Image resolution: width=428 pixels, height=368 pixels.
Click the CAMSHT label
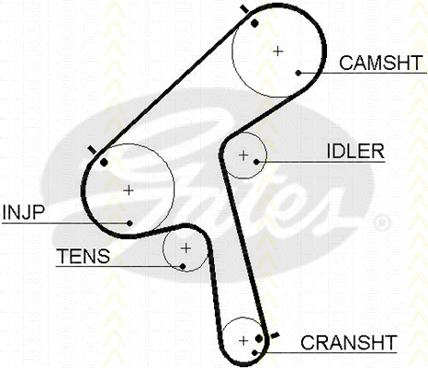(x=381, y=63)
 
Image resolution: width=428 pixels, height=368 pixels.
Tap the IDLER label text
(x=355, y=151)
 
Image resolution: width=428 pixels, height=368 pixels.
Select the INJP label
(x=24, y=212)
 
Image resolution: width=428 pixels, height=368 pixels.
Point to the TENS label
(x=84, y=257)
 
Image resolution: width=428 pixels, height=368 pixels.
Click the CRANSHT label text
(x=349, y=342)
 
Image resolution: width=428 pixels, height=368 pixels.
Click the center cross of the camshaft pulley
(x=277, y=52)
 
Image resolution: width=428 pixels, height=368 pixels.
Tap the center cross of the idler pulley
(x=243, y=155)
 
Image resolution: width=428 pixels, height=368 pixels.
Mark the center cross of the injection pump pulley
(x=129, y=190)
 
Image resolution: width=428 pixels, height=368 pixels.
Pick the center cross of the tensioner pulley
(x=186, y=247)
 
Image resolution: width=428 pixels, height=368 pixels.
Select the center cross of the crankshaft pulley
(x=243, y=340)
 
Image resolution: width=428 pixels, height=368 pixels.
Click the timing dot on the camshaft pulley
(x=254, y=23)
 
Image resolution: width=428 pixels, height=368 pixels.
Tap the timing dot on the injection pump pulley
(x=105, y=163)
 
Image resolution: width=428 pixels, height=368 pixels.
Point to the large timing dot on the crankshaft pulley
(x=259, y=339)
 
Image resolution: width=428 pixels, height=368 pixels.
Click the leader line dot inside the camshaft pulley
(x=298, y=73)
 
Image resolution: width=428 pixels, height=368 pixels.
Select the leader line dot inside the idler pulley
(x=256, y=162)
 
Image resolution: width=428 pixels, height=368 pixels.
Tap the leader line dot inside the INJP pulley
(x=130, y=223)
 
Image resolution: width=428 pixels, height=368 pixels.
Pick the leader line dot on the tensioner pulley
(x=183, y=266)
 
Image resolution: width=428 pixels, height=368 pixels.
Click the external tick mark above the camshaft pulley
(x=244, y=9)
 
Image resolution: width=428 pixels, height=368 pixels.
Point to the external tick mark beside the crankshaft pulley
(x=276, y=335)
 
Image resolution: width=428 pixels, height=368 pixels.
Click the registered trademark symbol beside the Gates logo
(x=382, y=222)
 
